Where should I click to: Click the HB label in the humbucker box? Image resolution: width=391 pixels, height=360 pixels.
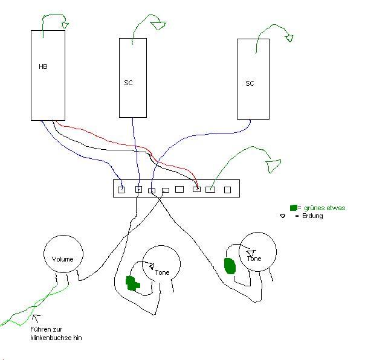pyautogui.click(x=43, y=66)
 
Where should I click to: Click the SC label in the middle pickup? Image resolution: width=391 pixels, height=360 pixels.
pyautogui.click(x=129, y=83)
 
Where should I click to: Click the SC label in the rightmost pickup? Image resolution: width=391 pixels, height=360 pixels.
pyautogui.click(x=250, y=83)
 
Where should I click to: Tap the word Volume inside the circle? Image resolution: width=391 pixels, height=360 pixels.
pyautogui.click(x=63, y=259)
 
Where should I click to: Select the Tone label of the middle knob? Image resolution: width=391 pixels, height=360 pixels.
pyautogui.click(x=162, y=272)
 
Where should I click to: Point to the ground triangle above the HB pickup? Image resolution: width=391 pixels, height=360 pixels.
pyautogui.click(x=65, y=25)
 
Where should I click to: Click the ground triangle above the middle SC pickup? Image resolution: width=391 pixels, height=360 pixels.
pyautogui.click(x=158, y=25)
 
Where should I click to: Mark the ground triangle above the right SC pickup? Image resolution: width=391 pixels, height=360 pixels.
pyautogui.click(x=289, y=39)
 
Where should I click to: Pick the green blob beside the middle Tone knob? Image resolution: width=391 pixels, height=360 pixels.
pyautogui.click(x=132, y=283)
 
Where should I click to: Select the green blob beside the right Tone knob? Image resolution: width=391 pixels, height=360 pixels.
pyautogui.click(x=230, y=266)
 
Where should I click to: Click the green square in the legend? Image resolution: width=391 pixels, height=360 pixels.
pyautogui.click(x=294, y=208)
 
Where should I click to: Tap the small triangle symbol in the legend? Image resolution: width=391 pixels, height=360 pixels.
pyautogui.click(x=283, y=216)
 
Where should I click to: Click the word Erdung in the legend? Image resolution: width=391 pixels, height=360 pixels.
pyautogui.click(x=312, y=216)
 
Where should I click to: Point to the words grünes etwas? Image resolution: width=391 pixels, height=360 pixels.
pyautogui.click(x=325, y=208)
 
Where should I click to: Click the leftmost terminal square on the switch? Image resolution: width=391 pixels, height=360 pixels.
pyautogui.click(x=121, y=190)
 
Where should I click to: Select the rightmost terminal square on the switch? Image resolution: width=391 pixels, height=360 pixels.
pyautogui.click(x=227, y=190)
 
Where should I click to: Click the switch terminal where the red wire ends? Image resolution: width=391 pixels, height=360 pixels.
pyautogui.click(x=197, y=189)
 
